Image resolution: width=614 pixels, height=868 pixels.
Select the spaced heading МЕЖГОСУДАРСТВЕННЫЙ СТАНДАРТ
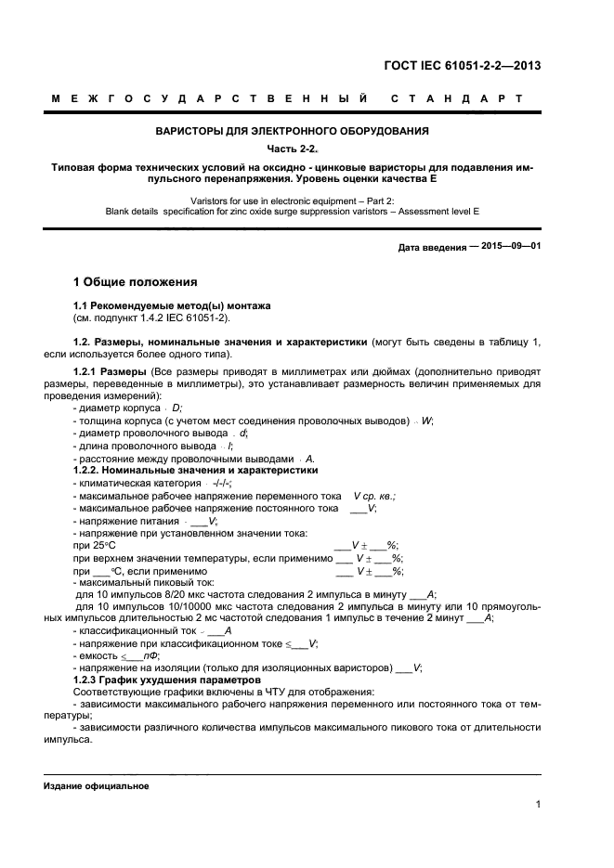click(285, 97)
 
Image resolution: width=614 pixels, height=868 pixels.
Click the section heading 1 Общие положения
click(135, 281)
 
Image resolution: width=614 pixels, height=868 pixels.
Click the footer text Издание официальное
click(97, 785)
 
